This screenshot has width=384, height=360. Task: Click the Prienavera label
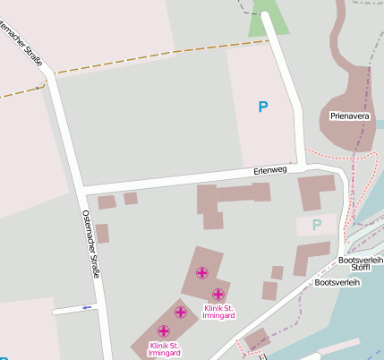click(x=348, y=116)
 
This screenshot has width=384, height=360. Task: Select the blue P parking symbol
click(x=262, y=107)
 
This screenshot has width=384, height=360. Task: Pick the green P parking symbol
click(x=316, y=225)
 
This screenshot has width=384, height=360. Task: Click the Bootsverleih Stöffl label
click(x=361, y=263)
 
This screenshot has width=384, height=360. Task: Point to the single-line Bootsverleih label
click(x=337, y=282)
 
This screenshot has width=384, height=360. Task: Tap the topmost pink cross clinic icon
click(x=202, y=272)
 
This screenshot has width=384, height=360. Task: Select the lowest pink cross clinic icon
click(x=163, y=331)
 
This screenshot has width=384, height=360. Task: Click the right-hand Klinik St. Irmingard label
click(x=218, y=313)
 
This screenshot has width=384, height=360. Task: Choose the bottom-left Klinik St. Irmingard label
click(x=165, y=349)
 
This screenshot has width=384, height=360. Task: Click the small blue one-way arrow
click(x=87, y=308)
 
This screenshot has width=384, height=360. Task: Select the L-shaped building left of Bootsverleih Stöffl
click(x=310, y=258)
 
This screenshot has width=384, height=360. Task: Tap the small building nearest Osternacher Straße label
click(x=102, y=234)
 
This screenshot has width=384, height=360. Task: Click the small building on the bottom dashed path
click(x=256, y=339)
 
